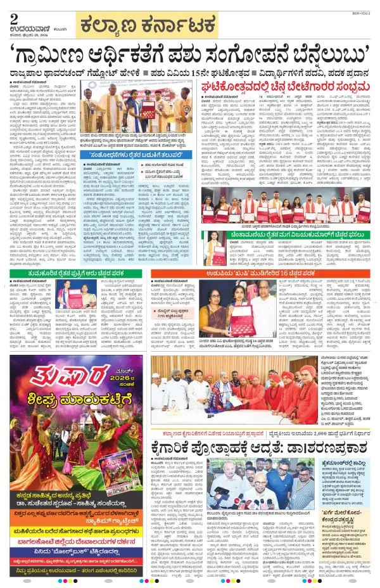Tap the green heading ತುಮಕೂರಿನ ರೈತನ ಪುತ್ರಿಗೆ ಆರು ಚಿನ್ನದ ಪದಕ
(x=83, y=272)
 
